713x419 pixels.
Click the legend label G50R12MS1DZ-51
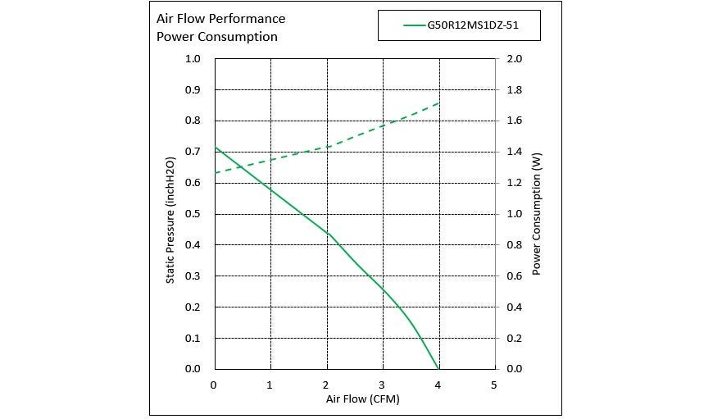472,25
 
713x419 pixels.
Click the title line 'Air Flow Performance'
220,18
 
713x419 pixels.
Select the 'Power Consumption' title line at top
216,37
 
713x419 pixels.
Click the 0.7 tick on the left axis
193,152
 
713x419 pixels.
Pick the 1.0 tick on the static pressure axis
193,59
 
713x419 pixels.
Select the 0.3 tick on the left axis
193,276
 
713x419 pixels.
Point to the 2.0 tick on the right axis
515,59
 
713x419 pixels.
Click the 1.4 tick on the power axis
515,152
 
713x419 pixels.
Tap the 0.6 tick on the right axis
515,276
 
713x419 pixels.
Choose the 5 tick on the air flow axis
494,385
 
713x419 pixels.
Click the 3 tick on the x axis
382,385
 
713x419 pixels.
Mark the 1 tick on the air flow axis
270,385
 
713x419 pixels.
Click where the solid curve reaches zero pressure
439,369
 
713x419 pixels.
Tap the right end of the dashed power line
440,102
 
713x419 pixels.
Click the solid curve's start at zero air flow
215,148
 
